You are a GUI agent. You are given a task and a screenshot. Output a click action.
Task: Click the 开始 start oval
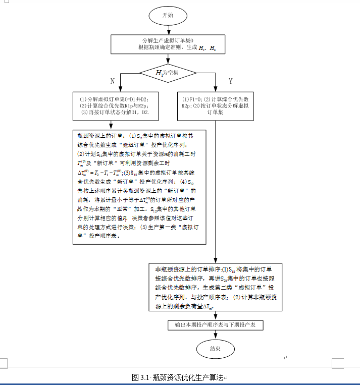167,16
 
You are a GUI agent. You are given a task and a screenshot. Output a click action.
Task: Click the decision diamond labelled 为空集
167,74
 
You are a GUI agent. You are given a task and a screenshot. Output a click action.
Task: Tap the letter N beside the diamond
112,81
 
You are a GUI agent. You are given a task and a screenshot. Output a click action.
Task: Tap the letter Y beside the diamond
231,81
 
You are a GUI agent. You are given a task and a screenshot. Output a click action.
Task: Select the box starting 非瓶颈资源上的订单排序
215,286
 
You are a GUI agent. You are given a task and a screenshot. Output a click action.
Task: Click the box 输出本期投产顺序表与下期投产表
215,325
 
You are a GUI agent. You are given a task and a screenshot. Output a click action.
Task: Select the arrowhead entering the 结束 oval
215,338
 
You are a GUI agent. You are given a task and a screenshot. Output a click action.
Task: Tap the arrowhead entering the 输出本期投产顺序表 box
215,317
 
